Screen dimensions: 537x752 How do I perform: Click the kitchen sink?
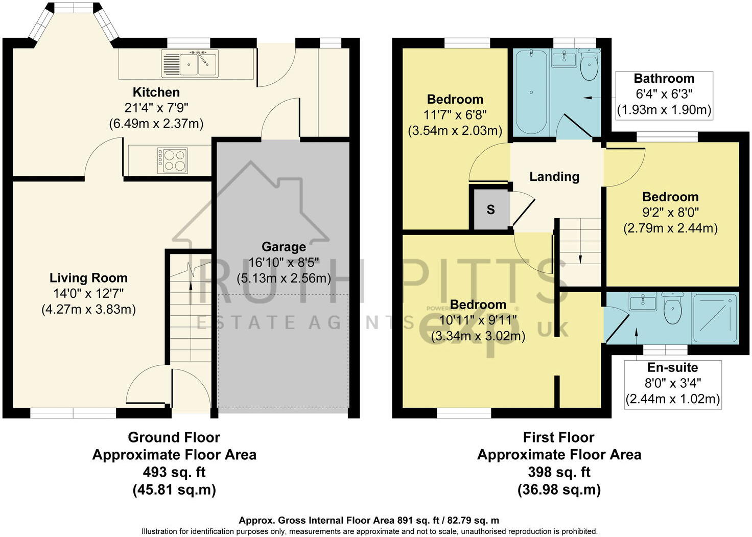(190, 63)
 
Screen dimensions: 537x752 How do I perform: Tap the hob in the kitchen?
(173, 159)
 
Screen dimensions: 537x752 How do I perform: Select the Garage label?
(284, 247)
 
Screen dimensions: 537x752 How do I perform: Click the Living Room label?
(88, 278)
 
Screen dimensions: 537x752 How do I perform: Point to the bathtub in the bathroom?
(531, 92)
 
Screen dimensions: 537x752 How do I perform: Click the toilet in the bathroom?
(590, 66)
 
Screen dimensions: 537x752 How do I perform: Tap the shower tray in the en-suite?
(715, 318)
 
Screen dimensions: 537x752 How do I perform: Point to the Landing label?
(554, 177)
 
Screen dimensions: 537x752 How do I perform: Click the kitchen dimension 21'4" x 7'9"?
(156, 108)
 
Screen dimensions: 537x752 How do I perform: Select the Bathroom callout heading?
(664, 79)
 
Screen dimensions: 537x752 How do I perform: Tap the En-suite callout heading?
(672, 367)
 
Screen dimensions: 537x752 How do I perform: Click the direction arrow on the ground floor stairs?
(191, 292)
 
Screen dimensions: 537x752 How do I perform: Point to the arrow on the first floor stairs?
(580, 258)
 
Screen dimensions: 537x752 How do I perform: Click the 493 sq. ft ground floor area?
(174, 472)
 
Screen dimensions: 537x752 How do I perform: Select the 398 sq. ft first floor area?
(559, 472)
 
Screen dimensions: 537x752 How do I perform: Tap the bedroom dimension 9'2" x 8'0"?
(670, 213)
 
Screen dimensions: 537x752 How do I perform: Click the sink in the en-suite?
(643, 302)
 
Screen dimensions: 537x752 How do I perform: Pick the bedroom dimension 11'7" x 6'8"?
(455, 115)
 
